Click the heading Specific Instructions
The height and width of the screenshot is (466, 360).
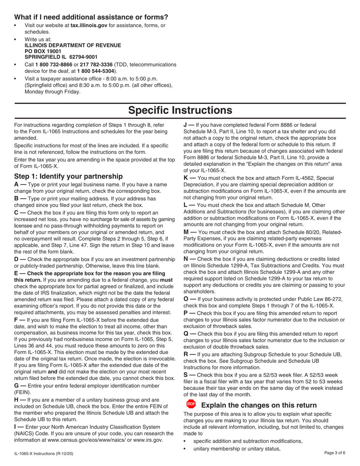click(180, 110)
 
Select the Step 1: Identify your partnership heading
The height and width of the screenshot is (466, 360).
click(68, 176)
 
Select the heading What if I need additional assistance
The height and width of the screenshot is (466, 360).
click(91, 17)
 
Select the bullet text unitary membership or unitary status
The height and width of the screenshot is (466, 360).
click(237, 449)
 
